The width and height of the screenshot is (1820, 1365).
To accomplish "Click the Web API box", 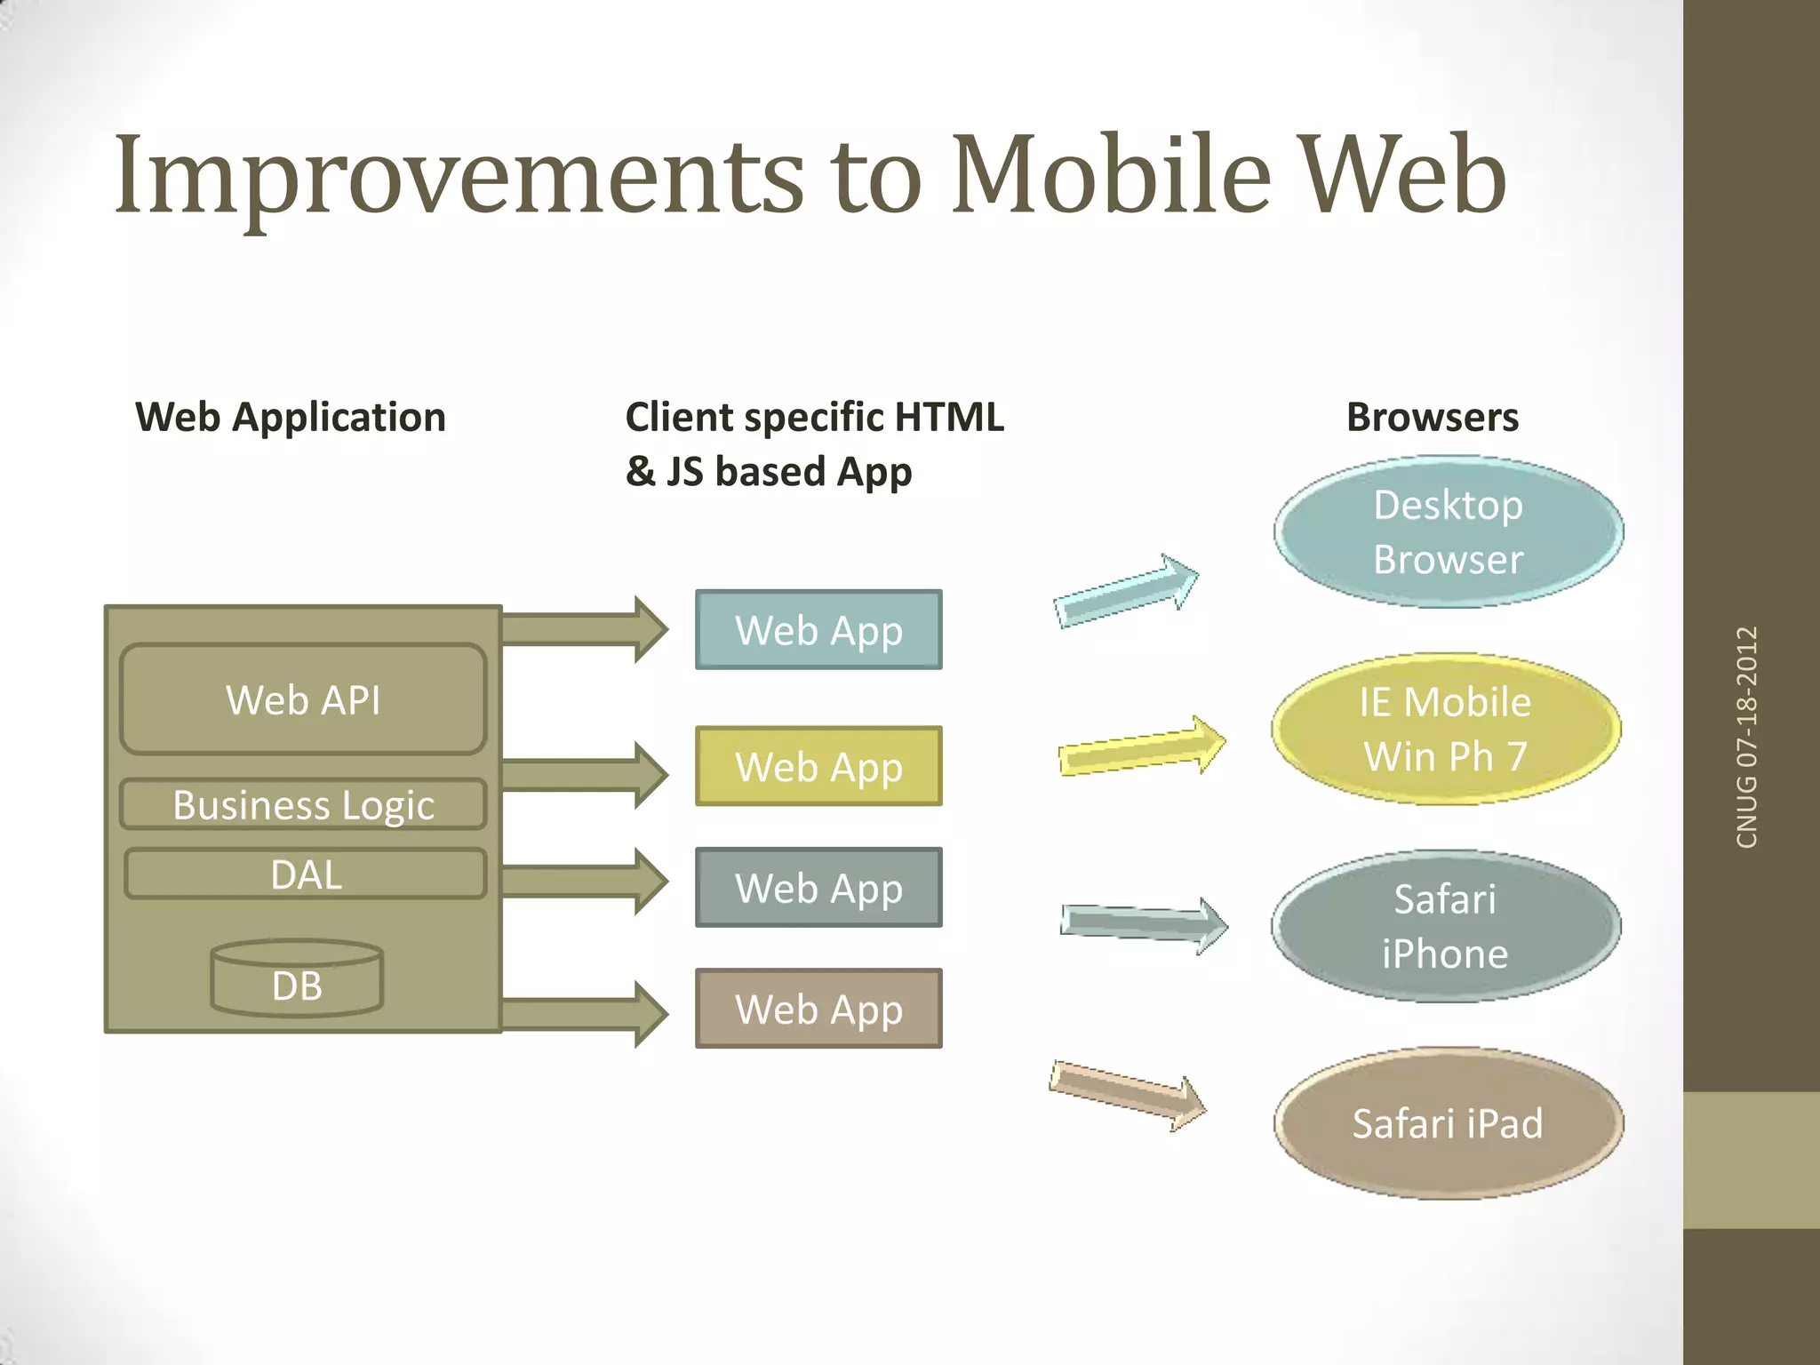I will click(x=303, y=699).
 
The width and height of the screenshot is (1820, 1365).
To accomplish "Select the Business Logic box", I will click(x=303, y=804).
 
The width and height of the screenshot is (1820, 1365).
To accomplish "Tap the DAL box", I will click(x=306, y=874).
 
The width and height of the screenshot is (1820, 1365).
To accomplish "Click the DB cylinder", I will click(x=297, y=979).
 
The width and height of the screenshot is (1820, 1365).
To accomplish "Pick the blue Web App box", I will click(x=818, y=630).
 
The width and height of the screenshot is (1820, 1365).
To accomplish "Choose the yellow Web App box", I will click(x=818, y=766).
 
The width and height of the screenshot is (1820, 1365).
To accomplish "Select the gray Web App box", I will click(x=818, y=888).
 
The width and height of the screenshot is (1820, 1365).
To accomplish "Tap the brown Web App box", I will click(x=818, y=1009).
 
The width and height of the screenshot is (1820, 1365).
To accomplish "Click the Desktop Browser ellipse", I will click(x=1449, y=532).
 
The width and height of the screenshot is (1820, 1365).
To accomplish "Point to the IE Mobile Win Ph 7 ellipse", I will click(x=1446, y=730).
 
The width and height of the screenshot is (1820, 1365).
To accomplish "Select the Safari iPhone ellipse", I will click(x=1446, y=926).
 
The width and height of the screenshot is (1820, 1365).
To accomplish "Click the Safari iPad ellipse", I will click(x=1449, y=1123).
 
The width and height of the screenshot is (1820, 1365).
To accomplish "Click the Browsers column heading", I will click(x=1433, y=417).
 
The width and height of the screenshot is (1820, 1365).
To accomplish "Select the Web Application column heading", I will click(x=291, y=417).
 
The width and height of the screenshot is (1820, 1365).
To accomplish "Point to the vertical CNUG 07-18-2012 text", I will click(x=1747, y=737).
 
